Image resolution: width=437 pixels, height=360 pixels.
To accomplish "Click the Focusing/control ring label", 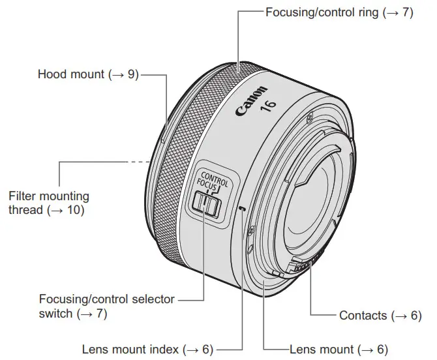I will [339, 12].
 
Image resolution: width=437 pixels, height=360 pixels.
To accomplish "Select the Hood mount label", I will [88, 74].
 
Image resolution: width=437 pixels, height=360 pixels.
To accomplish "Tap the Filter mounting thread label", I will [50, 203].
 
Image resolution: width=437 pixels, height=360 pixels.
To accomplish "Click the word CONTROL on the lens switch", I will [215, 180].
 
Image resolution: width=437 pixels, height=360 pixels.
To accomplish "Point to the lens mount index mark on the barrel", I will [243, 209].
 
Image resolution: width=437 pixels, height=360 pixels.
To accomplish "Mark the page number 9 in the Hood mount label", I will [132, 74].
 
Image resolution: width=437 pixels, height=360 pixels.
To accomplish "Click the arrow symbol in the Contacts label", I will [399, 316].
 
